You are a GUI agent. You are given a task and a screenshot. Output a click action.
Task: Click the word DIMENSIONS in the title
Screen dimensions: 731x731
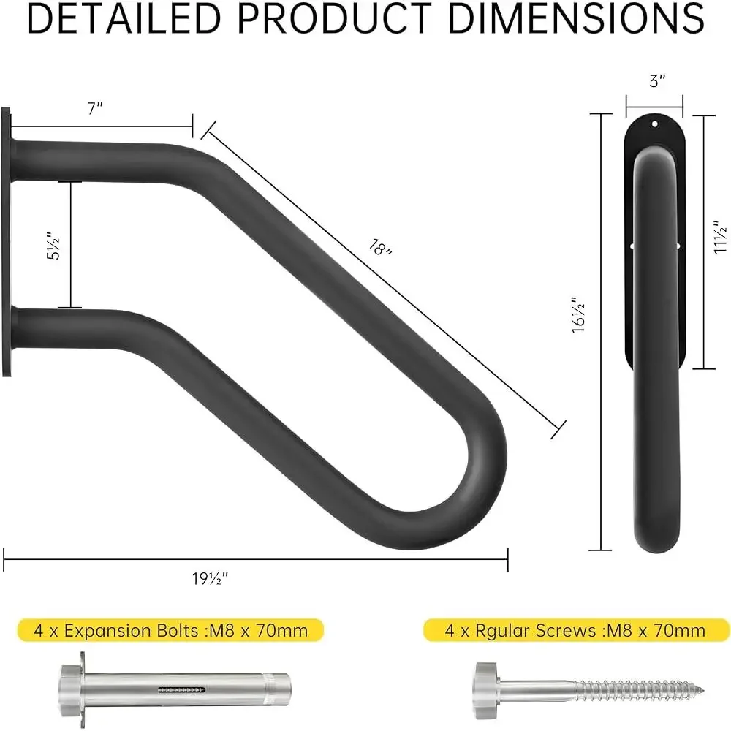[x=576, y=20]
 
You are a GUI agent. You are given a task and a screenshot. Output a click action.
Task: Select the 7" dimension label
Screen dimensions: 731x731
[x=95, y=109]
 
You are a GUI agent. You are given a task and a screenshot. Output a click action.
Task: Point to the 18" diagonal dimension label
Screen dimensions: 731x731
[x=379, y=248]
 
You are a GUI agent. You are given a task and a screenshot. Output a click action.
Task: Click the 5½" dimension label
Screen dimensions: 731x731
[x=50, y=245]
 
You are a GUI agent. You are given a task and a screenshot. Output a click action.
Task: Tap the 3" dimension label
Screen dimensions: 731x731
[x=657, y=81]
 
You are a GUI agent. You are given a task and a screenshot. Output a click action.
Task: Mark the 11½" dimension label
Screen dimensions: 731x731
[x=720, y=240]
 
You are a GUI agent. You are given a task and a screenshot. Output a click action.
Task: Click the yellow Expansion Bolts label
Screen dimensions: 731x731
[x=170, y=629]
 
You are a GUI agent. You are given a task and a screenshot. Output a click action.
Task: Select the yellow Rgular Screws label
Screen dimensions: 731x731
[x=576, y=629]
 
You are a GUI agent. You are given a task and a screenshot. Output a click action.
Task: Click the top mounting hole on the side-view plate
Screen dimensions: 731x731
[x=655, y=125]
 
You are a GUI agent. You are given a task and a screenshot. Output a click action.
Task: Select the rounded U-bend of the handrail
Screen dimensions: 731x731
[x=468, y=475]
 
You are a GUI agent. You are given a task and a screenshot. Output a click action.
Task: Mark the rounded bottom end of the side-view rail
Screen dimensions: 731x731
[x=655, y=537]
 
